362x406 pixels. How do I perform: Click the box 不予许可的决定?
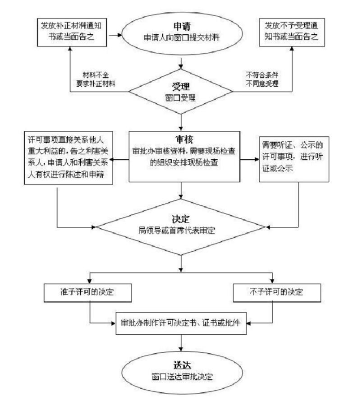[x=274, y=291]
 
